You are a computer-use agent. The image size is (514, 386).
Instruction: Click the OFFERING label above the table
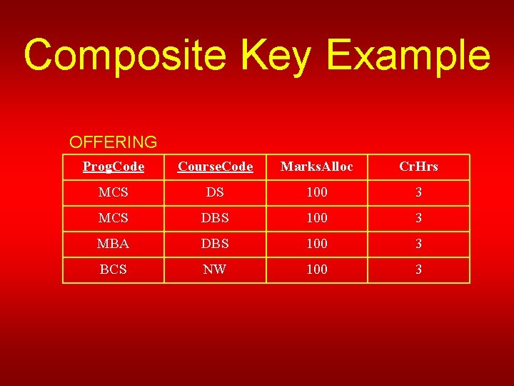click(113, 142)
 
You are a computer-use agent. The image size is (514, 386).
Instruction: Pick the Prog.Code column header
click(114, 167)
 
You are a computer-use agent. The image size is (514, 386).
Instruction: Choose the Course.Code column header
click(215, 167)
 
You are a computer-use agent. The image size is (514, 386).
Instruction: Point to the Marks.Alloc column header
click(317, 167)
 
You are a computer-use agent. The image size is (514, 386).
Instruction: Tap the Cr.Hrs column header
click(418, 167)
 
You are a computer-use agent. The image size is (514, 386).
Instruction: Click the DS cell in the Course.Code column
click(215, 192)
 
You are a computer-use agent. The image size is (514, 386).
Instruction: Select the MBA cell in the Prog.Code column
click(114, 244)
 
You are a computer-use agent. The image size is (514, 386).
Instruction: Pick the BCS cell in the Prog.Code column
click(114, 269)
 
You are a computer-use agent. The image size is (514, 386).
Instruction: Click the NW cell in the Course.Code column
click(215, 269)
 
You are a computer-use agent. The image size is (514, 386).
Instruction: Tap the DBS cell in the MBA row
click(215, 244)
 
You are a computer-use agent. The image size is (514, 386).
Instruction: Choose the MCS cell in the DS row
click(114, 192)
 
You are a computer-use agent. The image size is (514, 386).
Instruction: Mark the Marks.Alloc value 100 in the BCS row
click(317, 269)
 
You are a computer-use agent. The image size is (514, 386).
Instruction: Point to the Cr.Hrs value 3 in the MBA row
click(418, 244)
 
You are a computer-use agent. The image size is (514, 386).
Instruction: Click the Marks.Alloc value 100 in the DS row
click(317, 192)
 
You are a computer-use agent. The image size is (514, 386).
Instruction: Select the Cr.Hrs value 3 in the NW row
click(418, 269)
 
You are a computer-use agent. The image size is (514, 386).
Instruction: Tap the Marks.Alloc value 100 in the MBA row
click(317, 244)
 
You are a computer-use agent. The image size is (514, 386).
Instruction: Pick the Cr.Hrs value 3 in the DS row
click(418, 192)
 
